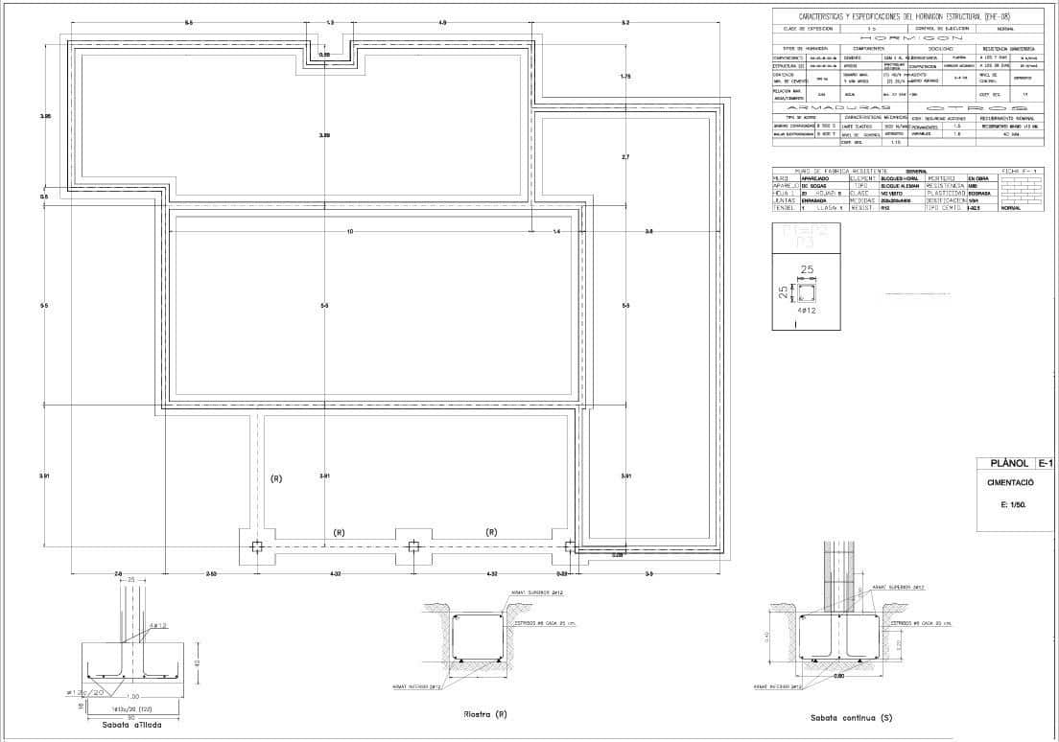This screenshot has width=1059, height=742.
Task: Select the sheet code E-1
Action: pos(1044,464)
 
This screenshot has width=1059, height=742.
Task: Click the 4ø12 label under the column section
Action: pos(808,312)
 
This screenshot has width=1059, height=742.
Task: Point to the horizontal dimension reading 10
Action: pos(350,231)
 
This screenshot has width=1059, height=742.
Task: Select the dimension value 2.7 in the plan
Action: pos(625,156)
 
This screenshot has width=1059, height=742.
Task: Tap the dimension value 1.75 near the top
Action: pos(625,76)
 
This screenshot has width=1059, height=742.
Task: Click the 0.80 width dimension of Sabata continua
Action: pos(838,677)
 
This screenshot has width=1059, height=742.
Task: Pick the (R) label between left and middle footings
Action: pos(339,532)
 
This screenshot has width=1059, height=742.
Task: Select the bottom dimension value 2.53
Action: pos(211,573)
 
